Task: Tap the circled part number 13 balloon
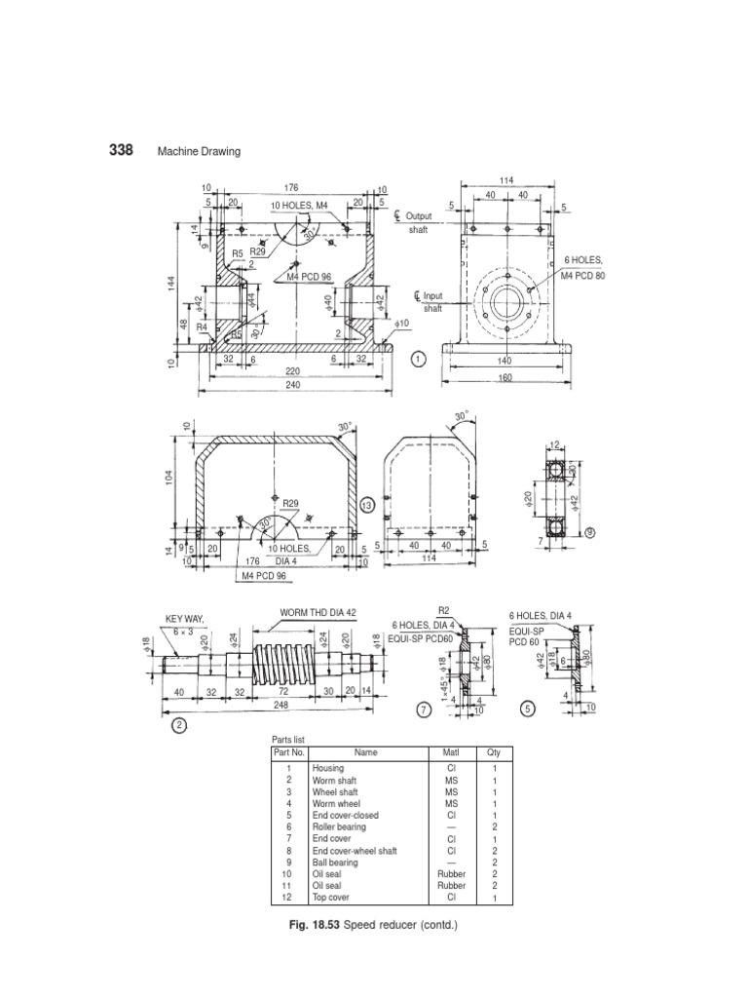point(367,505)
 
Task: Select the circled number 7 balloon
point(423,710)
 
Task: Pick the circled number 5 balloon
point(528,710)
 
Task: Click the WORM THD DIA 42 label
point(318,612)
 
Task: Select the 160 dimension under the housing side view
point(504,377)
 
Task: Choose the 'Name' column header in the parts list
point(366,752)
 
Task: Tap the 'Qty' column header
point(493,752)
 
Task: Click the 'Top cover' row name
point(330,898)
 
